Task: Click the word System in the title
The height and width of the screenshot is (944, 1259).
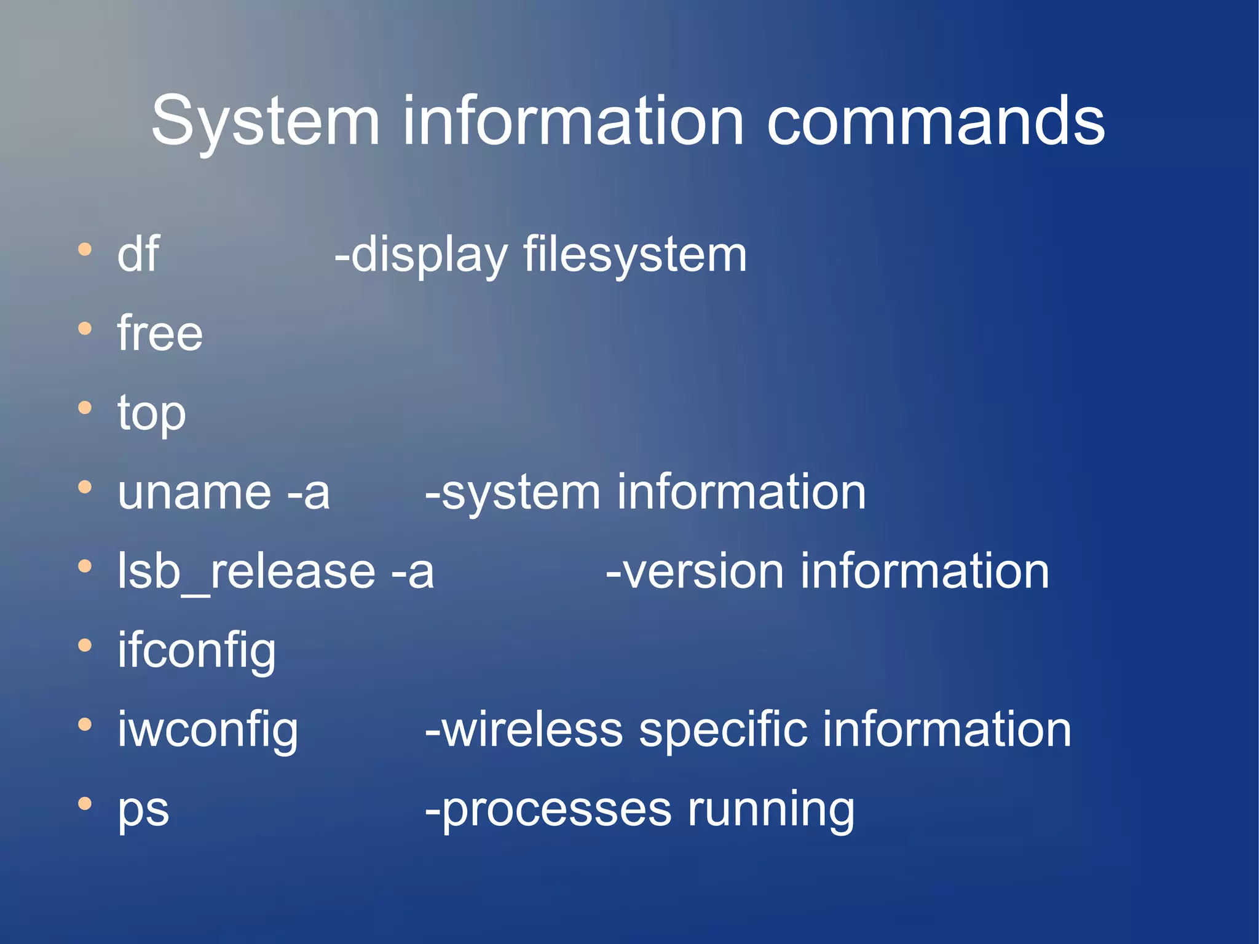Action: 265,121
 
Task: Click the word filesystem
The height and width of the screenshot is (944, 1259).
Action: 634,255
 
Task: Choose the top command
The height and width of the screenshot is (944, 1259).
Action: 151,413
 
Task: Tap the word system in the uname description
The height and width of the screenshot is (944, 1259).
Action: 520,493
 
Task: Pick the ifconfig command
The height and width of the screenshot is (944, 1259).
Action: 197,651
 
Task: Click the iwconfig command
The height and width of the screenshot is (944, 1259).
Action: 208,729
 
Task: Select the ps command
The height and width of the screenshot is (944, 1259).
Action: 143,809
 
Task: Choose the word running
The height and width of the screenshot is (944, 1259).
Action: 771,809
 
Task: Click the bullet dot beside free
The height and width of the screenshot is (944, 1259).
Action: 85,329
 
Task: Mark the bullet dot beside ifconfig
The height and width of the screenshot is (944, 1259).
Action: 85,646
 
